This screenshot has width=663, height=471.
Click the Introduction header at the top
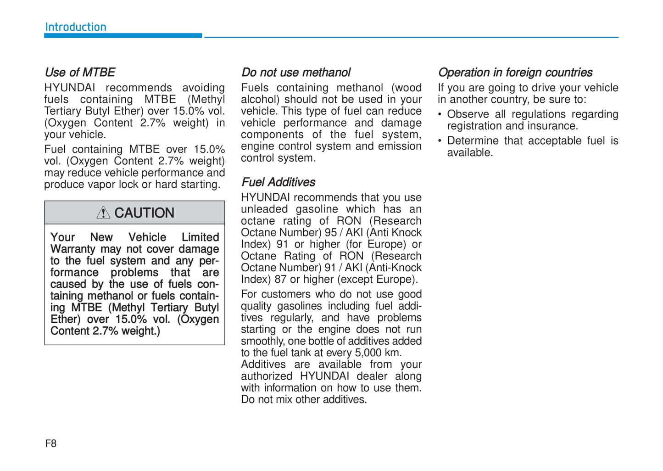[76, 27]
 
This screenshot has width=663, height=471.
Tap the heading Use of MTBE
[80, 73]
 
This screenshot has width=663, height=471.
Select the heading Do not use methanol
[296, 73]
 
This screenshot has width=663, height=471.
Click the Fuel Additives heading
[279, 182]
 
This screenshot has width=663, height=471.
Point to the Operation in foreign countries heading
[515, 73]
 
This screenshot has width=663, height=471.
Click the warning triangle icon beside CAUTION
[103, 213]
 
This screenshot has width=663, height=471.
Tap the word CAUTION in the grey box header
[144, 213]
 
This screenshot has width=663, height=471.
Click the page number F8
[51, 443]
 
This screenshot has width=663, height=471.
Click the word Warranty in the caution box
[73, 249]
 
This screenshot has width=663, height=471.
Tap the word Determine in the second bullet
[473, 141]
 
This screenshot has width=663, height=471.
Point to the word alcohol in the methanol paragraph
[259, 100]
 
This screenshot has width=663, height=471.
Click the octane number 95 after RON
[330, 233]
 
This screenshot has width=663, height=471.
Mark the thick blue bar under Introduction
[123, 35]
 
